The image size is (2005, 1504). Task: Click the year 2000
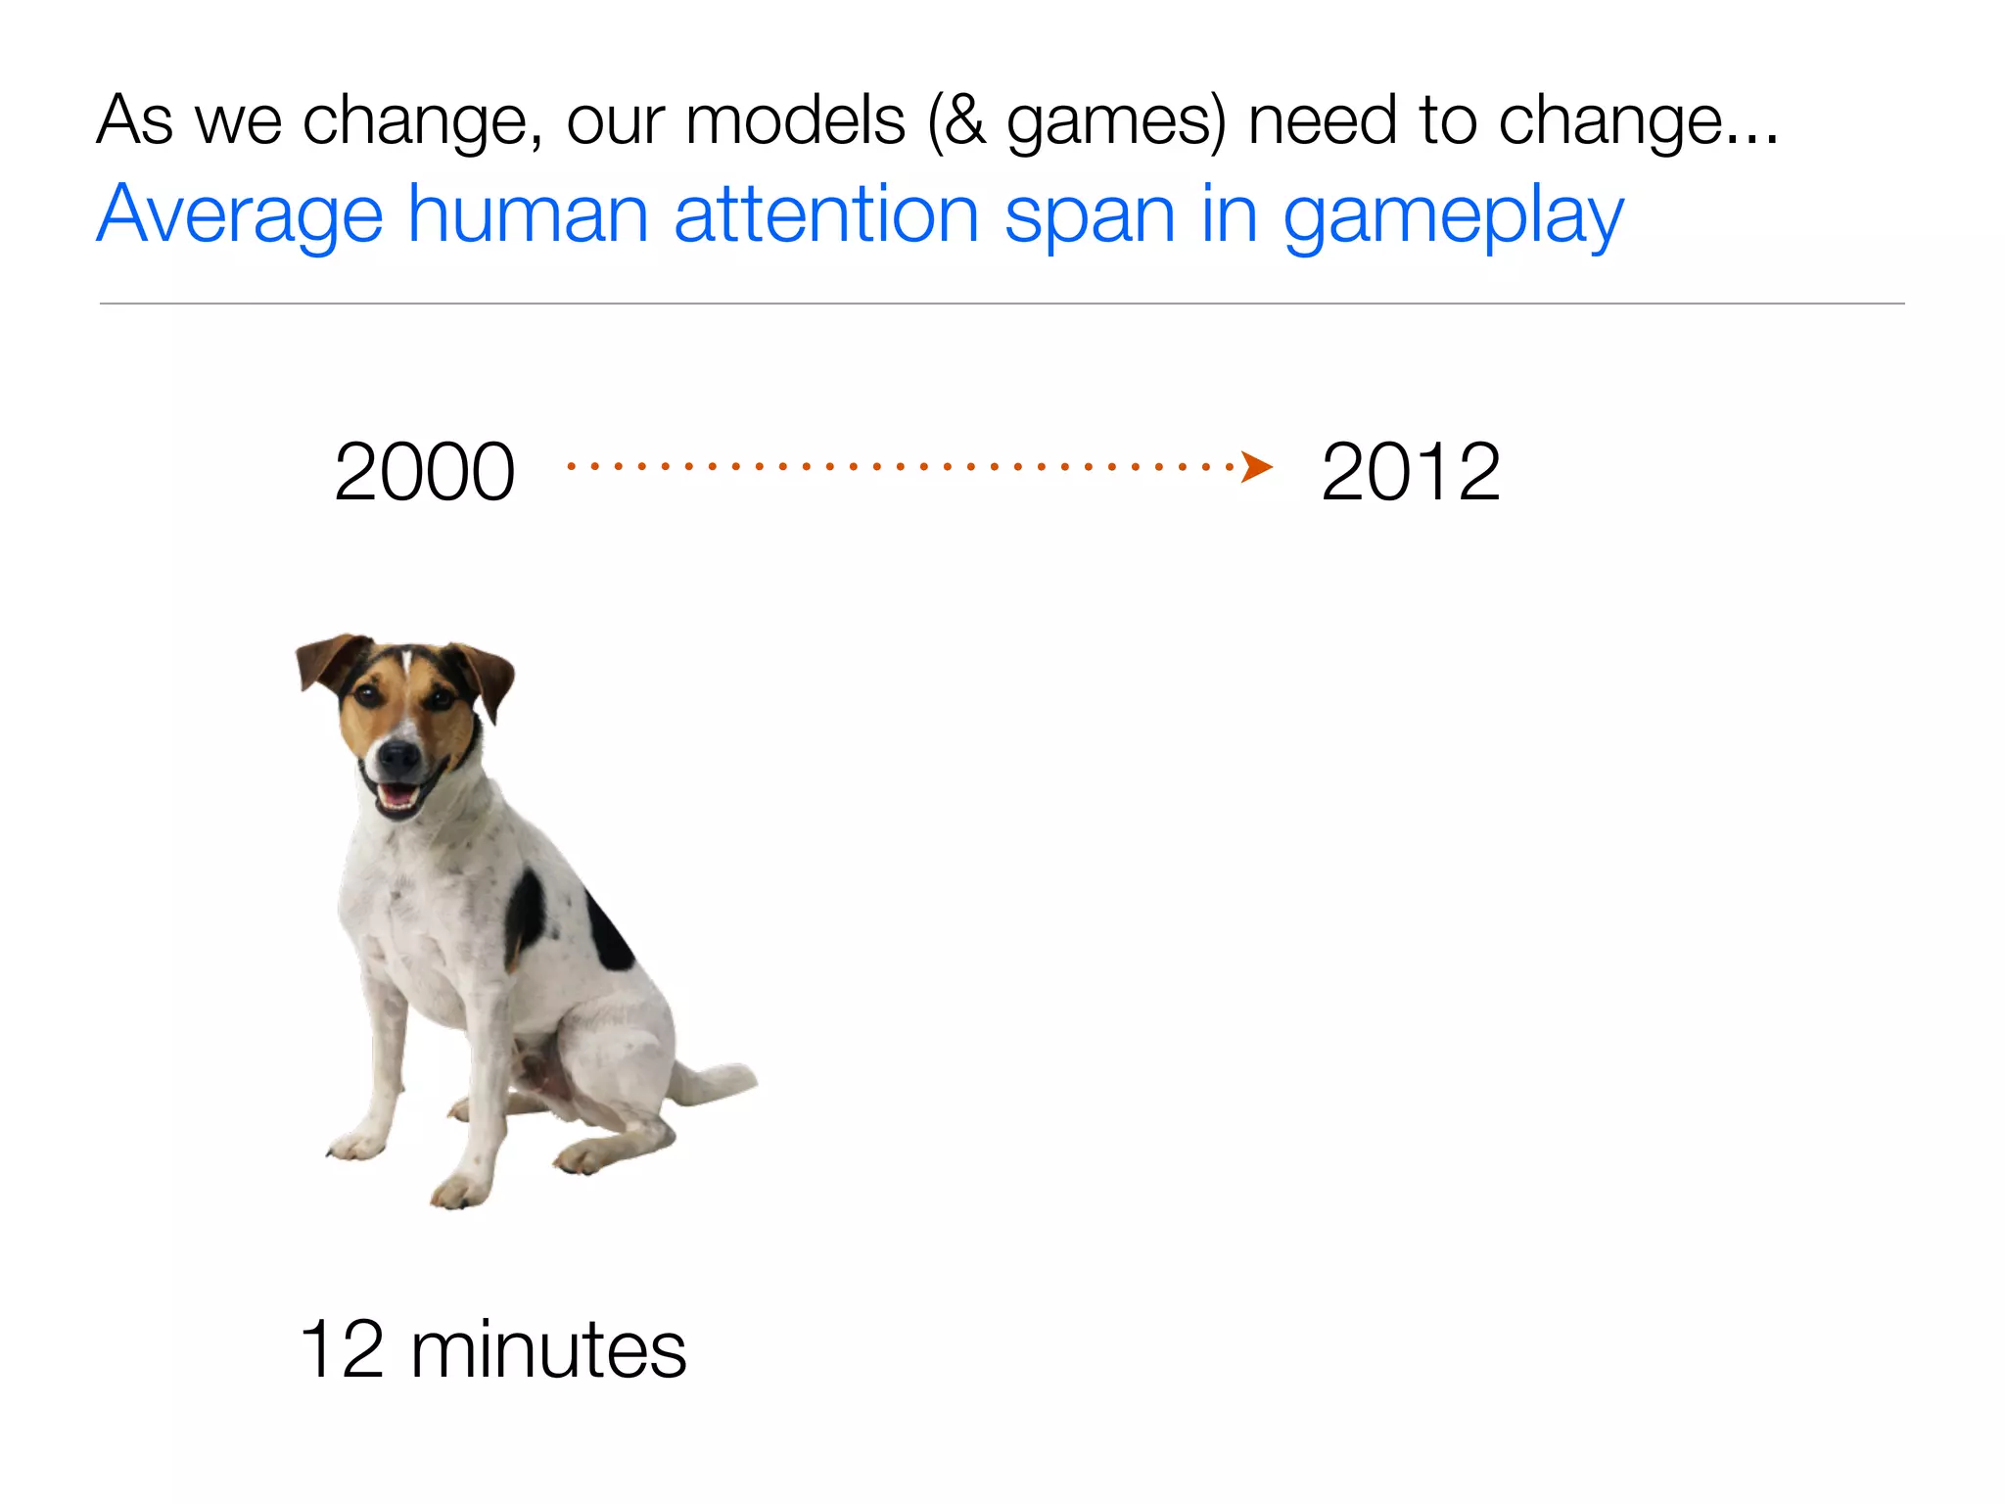(424, 472)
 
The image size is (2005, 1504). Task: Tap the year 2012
(1410, 472)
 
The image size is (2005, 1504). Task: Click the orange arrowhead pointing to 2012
(1257, 467)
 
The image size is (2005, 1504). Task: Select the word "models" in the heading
(795, 121)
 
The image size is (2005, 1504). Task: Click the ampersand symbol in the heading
(963, 121)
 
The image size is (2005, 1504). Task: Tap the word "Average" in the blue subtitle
(240, 215)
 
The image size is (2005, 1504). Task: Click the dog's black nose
(398, 755)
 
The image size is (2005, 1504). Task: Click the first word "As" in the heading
(135, 121)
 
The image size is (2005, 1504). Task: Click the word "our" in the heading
(614, 123)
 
